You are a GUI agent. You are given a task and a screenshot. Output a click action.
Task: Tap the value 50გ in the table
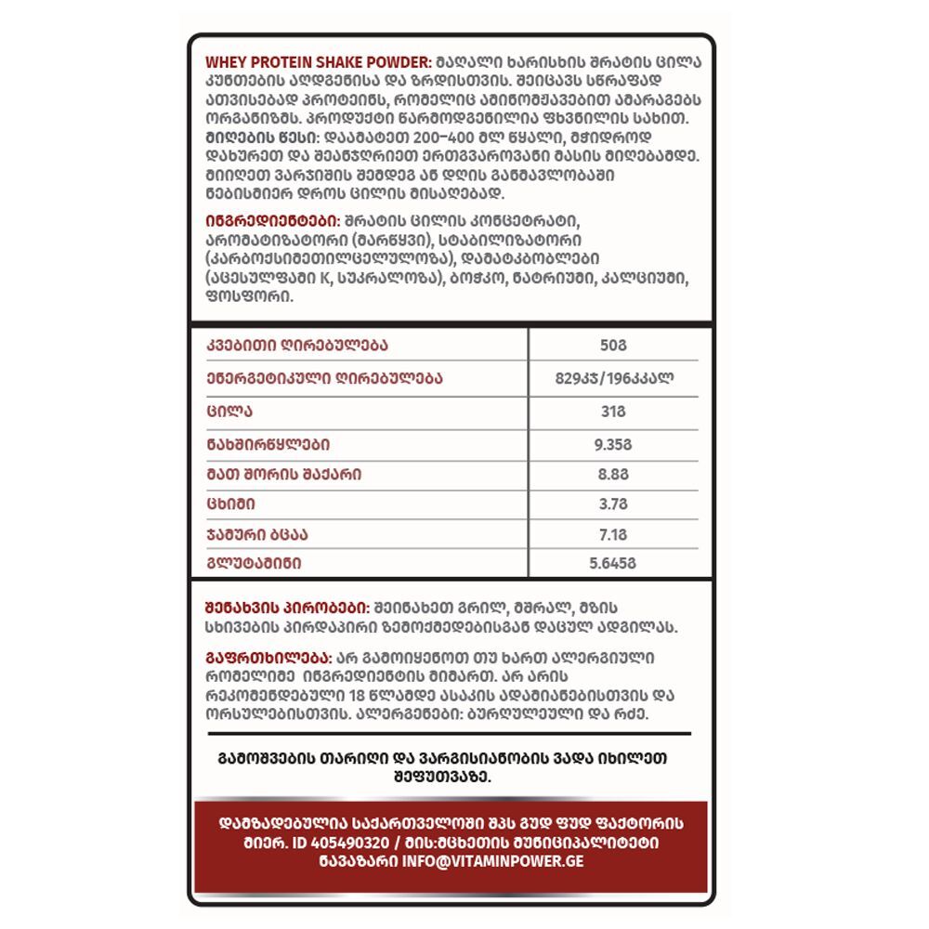tap(612, 346)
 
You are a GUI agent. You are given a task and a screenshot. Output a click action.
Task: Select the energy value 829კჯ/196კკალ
tap(612, 378)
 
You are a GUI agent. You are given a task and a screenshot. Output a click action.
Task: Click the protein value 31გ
tap(612, 411)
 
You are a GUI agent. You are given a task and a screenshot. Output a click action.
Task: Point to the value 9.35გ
tap(612, 444)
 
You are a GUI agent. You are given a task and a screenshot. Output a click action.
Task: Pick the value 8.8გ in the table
tap(612, 474)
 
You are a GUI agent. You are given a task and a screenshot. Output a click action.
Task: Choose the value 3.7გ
tap(612, 504)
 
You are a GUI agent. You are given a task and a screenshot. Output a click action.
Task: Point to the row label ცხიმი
tap(231, 504)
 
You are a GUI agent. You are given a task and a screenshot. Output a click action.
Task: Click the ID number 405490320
tap(338, 842)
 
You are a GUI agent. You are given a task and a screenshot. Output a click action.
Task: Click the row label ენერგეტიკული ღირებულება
tap(324, 378)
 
